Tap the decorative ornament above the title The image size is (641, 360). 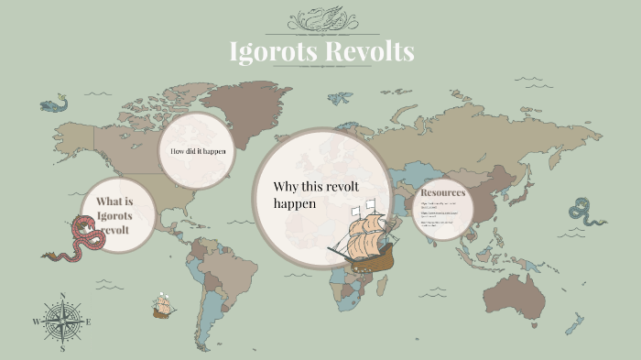pos(321,18)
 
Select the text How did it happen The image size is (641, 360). pos(198,150)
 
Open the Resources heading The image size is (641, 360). pos(442,192)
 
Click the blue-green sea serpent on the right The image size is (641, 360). pos(585,212)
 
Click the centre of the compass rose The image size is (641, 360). pos(62,322)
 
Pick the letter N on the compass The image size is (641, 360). pos(62,295)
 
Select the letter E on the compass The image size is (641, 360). pos(89,322)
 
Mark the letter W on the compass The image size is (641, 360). pos(37,322)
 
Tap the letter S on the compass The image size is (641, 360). pos(62,348)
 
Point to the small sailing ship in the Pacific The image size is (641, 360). pos(164,306)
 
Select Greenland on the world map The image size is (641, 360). pos(233,105)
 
